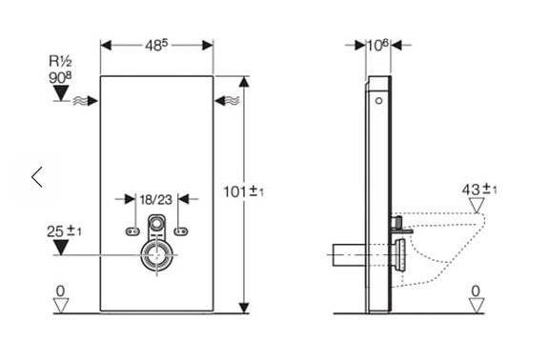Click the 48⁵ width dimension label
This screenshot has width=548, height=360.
click(156, 45)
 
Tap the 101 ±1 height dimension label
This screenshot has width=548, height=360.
click(244, 191)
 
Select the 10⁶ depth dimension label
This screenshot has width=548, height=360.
click(377, 45)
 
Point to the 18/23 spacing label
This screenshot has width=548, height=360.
click(156, 200)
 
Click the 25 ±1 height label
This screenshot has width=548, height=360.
click(64, 231)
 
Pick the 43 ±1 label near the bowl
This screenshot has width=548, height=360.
click(479, 190)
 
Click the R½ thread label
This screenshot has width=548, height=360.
click(60, 61)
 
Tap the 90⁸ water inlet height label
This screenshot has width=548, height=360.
click(60, 77)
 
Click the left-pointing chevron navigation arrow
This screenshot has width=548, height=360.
click(37, 177)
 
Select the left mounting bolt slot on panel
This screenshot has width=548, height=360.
click(132, 230)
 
